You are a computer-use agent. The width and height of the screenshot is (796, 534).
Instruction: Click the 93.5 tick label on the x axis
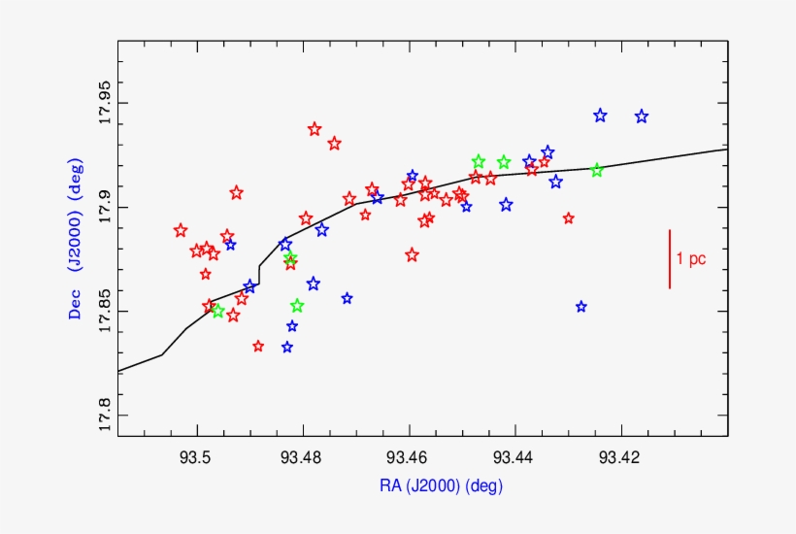[197, 456]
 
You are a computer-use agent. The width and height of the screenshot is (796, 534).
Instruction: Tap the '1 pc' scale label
[691, 258]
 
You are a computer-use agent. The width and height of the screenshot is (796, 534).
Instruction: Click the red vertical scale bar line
[670, 258]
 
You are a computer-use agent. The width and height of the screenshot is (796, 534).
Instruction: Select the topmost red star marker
[315, 129]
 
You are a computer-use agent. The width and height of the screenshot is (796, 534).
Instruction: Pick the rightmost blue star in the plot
[642, 117]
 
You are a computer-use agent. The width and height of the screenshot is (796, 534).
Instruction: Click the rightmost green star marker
[597, 170]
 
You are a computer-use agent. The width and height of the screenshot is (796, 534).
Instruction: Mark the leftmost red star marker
[181, 230]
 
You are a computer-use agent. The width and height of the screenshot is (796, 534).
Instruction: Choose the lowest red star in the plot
[258, 346]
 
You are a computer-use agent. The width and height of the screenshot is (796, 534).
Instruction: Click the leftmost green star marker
[217, 311]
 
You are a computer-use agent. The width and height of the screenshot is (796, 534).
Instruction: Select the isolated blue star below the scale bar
[581, 307]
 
